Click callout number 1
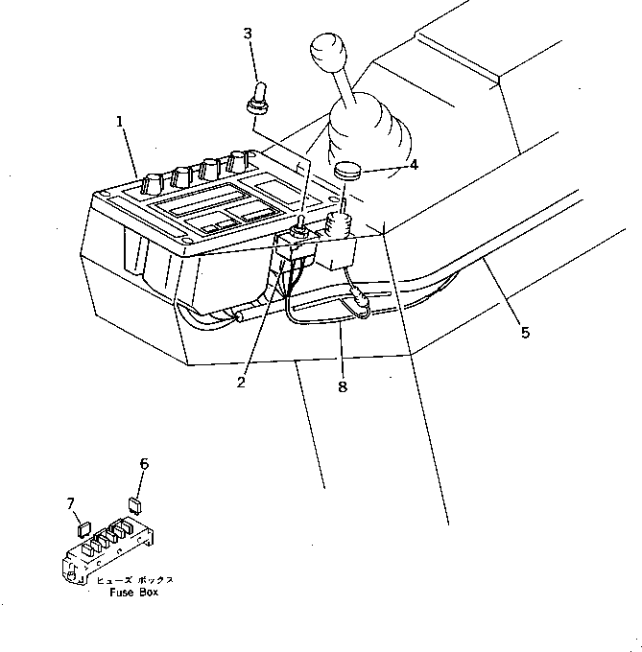[120, 122]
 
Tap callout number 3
[248, 34]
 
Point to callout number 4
[414, 165]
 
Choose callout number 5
[524, 333]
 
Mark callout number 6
[144, 464]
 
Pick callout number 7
[70, 503]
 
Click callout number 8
[343, 387]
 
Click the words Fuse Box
[133, 593]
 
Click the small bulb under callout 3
[257, 99]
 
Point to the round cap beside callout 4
[347, 172]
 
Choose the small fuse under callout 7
[83, 525]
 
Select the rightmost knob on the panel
[235, 160]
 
